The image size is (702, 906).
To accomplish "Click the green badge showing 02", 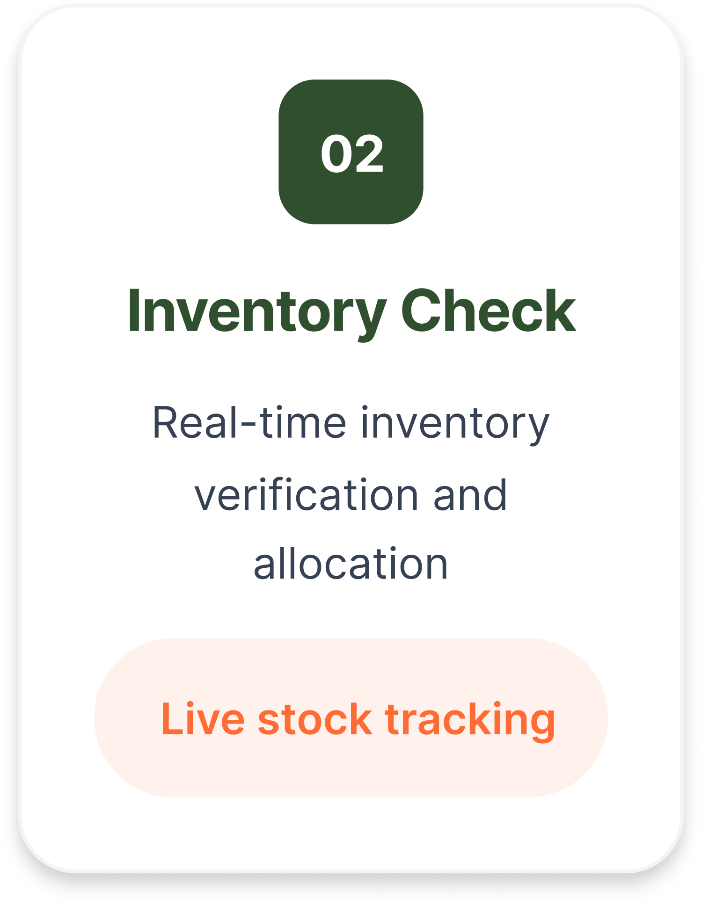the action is point(351,152).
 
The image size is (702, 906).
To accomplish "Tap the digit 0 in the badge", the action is point(336,153).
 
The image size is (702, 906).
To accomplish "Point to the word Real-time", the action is point(249,423).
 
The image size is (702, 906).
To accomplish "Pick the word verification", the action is point(307,495).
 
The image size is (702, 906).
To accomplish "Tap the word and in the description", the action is point(470,495).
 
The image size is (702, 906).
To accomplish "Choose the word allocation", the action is point(351,564).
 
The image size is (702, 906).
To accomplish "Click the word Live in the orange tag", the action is point(203,719).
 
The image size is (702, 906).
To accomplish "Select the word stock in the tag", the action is point(314,719).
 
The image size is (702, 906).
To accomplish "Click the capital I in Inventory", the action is point(134,310).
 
